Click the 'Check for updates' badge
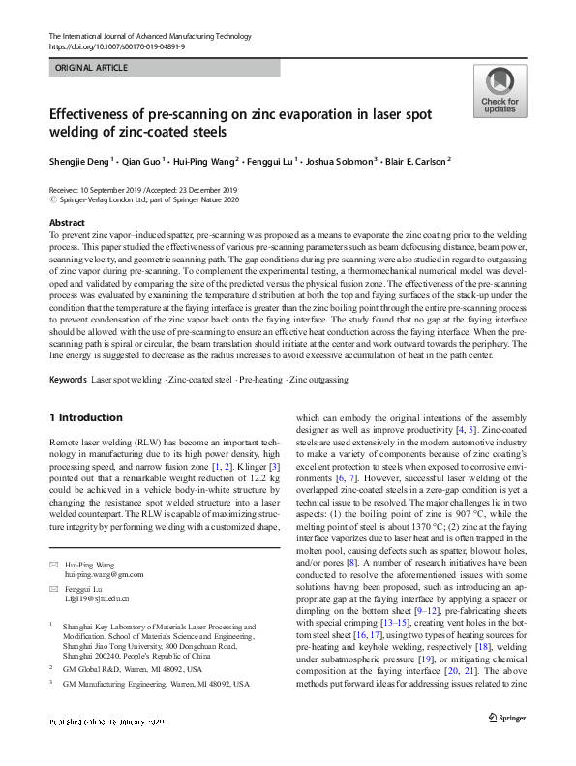[x=499, y=92]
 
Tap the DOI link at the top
[x=119, y=46]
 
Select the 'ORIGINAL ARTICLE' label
[x=91, y=69]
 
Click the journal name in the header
[x=142, y=35]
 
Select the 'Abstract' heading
[x=67, y=223]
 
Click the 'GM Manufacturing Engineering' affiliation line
[x=155, y=684]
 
